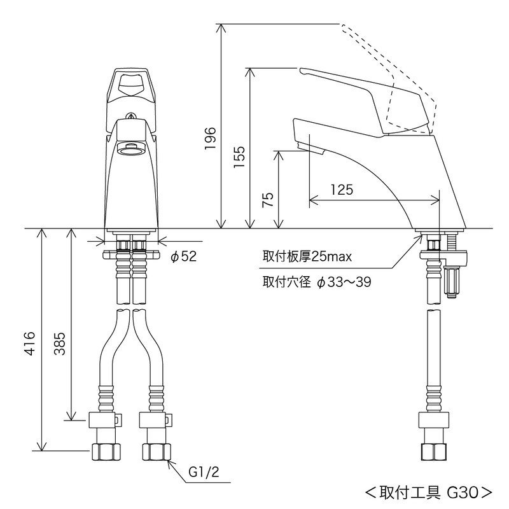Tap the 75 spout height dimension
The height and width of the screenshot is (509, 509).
click(268, 200)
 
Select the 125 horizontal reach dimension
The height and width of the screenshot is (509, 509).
click(342, 190)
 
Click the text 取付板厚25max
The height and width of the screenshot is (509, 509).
click(307, 256)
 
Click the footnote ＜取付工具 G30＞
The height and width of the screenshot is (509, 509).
click(428, 492)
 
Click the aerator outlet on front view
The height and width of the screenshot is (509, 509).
click(130, 150)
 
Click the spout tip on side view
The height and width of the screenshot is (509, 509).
click(310, 148)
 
